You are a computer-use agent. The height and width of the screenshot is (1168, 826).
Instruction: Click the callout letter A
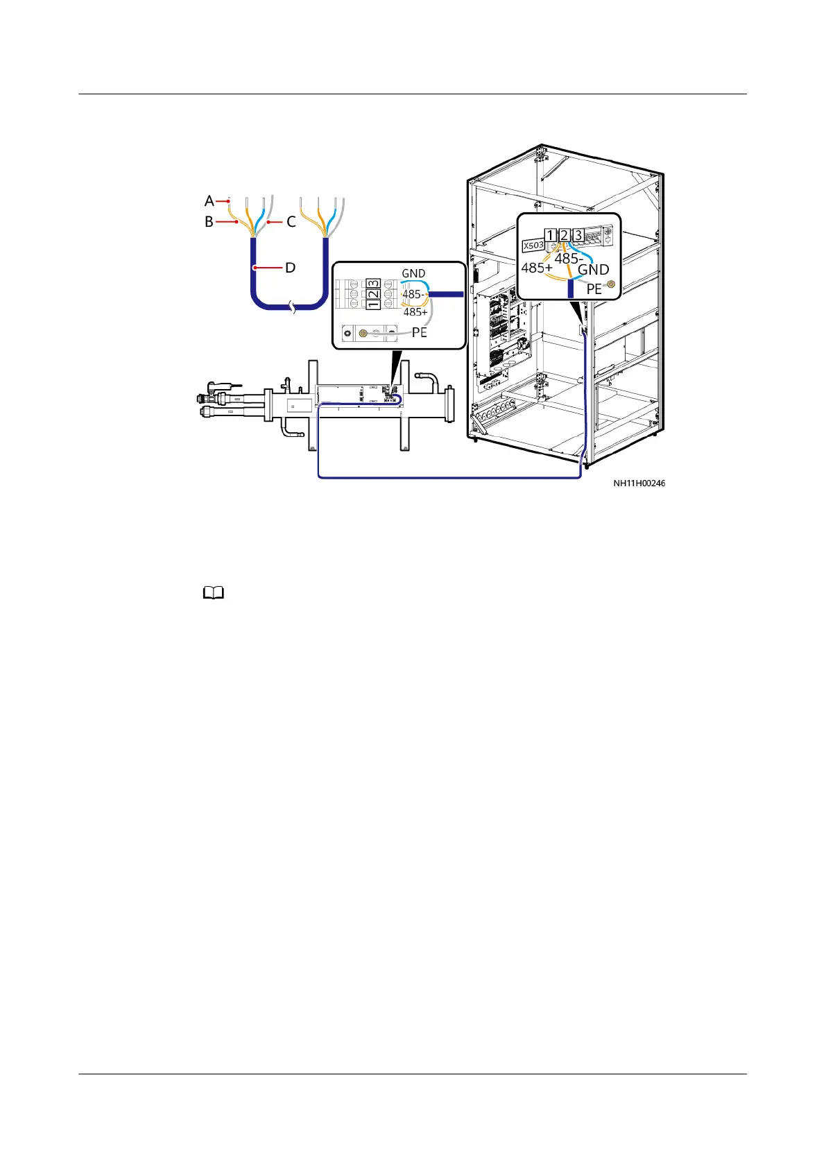[209, 201]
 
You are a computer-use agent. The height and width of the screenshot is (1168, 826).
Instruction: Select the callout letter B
[209, 223]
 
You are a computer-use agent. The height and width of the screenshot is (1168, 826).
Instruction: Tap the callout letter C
[291, 223]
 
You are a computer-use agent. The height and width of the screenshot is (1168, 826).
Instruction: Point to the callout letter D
[291, 268]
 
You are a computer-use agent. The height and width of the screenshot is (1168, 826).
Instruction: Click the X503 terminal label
[533, 246]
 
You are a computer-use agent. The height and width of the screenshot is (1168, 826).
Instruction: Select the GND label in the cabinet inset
[594, 270]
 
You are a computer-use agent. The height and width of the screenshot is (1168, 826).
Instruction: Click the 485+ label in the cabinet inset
[537, 268]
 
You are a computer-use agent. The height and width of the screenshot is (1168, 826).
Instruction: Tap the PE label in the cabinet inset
[594, 289]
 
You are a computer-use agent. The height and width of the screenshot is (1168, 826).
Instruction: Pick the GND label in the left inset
[413, 274]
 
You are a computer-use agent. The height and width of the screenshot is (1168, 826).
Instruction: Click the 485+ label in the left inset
[415, 312]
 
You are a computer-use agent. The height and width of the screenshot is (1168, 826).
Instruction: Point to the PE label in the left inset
[420, 332]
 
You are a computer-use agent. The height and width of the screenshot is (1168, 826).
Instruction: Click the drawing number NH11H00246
[639, 483]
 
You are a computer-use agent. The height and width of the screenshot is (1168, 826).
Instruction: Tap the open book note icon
[214, 593]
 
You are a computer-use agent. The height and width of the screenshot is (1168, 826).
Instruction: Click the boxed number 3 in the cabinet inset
[578, 235]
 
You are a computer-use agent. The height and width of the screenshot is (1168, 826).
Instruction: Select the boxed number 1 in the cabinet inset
[550, 235]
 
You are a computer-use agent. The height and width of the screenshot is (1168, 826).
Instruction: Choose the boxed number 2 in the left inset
[373, 295]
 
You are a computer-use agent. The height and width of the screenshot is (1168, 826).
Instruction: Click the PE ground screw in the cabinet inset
[611, 284]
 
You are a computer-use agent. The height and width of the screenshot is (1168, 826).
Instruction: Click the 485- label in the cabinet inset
[568, 259]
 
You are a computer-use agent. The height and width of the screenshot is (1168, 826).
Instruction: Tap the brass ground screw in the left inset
[361, 334]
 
